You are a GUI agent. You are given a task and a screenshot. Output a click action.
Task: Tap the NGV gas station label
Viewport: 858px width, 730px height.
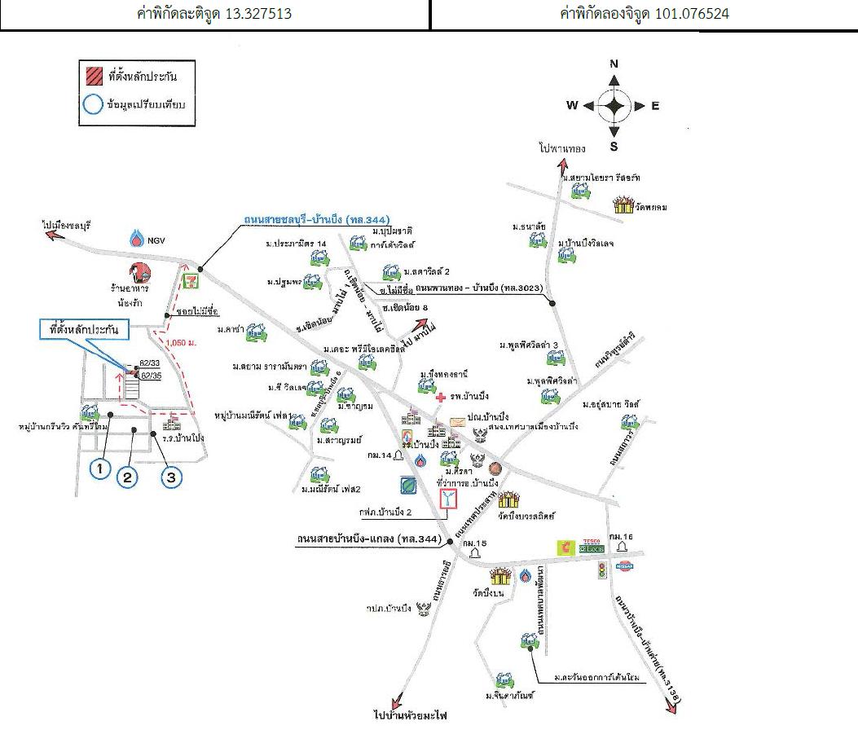155,240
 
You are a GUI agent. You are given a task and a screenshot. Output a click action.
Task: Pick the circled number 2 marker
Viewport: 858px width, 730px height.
127,477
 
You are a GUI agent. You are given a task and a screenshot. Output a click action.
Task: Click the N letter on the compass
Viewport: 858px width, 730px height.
614,64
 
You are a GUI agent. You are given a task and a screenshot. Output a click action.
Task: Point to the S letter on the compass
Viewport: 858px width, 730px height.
614,147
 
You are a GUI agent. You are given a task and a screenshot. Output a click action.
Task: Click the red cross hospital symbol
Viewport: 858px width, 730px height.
441,397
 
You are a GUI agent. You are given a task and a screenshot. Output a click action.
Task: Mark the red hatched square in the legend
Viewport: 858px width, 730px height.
94,77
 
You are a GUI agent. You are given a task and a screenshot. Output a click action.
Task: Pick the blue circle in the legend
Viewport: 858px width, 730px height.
93,105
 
